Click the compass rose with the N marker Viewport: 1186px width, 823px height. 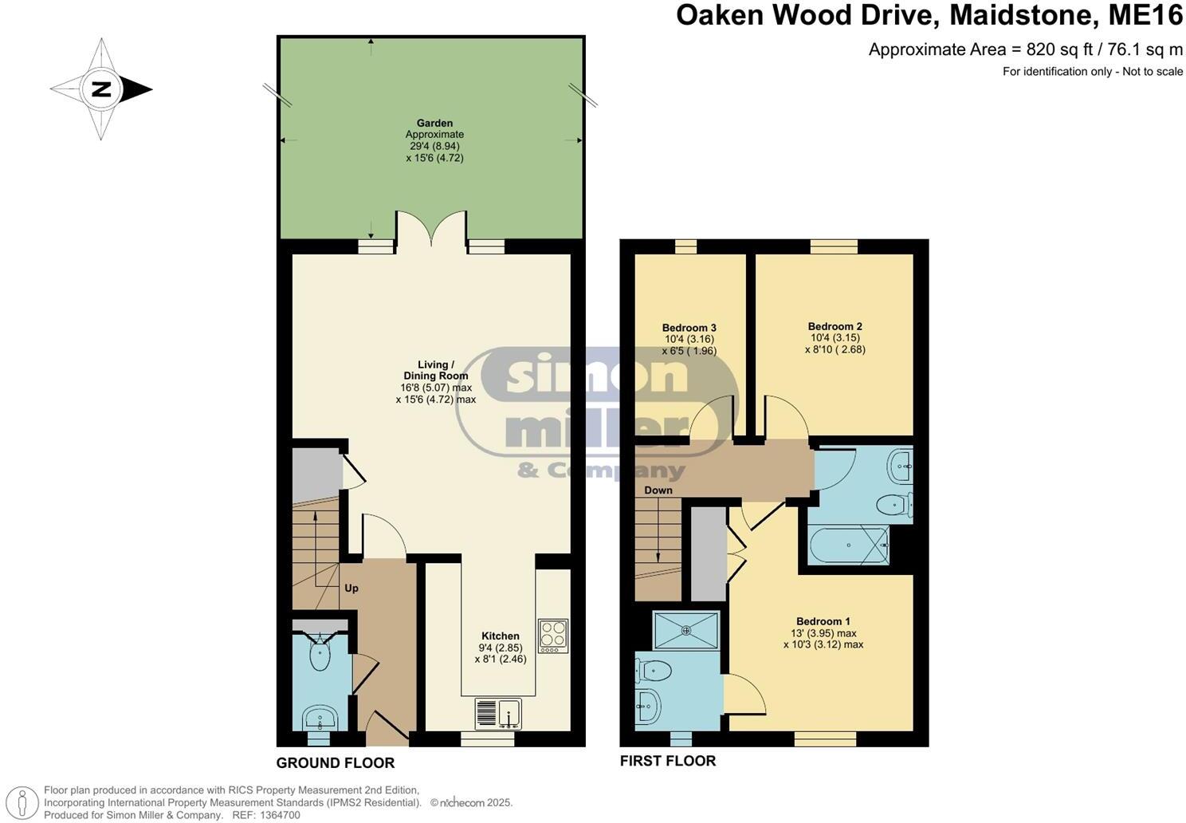click(x=101, y=89)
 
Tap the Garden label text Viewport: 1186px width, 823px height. click(x=434, y=124)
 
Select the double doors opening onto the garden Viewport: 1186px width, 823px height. click(x=431, y=229)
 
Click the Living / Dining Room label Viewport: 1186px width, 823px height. click(x=435, y=370)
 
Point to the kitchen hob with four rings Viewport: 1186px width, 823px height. click(x=553, y=636)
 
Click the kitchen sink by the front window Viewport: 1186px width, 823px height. click(x=497, y=713)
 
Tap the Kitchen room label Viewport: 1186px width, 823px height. click(x=501, y=636)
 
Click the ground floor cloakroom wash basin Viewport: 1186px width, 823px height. click(x=322, y=716)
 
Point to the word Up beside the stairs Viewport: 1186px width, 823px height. click(x=351, y=589)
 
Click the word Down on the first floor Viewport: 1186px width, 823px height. click(x=658, y=490)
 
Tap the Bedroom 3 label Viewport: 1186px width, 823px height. click(x=689, y=328)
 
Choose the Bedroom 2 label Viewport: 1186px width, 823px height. click(x=835, y=326)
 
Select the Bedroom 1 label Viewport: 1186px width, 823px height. click(x=823, y=621)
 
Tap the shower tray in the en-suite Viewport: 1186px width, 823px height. click(x=685, y=630)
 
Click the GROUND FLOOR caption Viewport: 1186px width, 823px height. click(x=335, y=763)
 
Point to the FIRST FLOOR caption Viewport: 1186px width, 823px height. click(x=668, y=761)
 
